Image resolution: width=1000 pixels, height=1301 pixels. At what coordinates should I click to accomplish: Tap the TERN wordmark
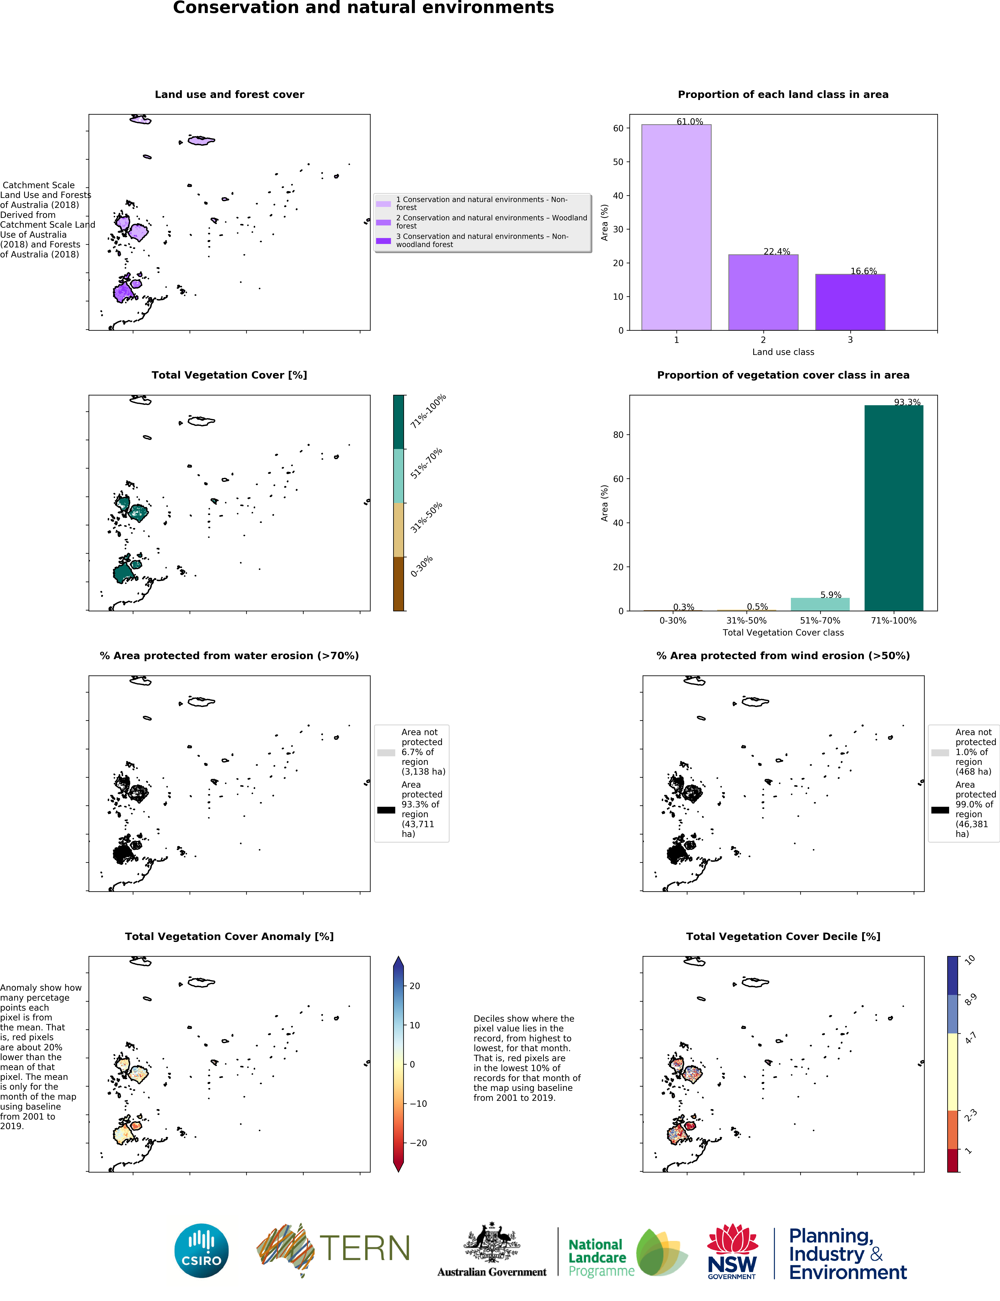coord(364,1249)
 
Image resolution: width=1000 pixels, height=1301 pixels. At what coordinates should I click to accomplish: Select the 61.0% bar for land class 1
coord(676,227)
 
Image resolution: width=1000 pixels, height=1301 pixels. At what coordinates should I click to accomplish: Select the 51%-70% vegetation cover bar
coord(820,604)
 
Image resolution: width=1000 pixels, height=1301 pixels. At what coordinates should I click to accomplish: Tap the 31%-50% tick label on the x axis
coord(746,620)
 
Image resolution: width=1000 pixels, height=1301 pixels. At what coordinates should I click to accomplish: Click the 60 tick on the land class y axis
coord(618,128)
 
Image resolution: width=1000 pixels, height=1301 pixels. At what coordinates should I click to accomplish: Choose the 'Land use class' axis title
coord(783,352)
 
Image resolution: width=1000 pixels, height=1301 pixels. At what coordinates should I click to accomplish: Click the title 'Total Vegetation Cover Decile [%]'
coord(783,936)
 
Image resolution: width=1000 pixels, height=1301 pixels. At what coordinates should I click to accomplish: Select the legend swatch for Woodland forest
coord(383,222)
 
